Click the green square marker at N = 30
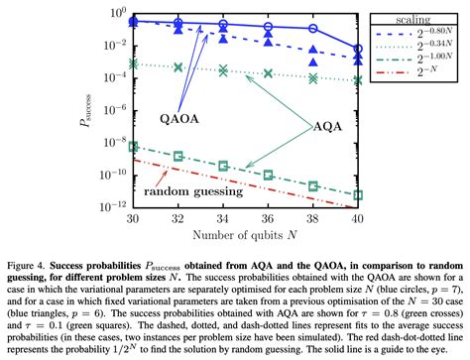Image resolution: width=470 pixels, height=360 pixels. click(134, 147)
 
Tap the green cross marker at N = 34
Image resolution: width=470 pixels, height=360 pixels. click(223, 70)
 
